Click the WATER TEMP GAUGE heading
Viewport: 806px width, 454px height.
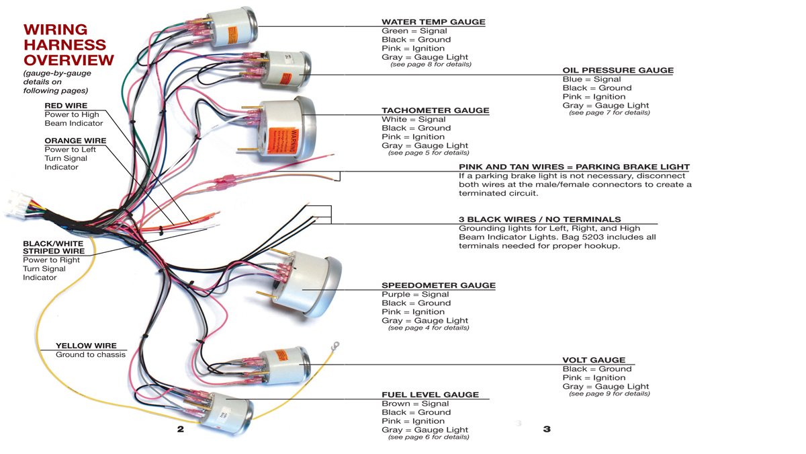click(433, 22)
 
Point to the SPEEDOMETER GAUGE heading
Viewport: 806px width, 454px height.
click(439, 285)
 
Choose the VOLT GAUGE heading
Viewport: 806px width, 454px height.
click(594, 360)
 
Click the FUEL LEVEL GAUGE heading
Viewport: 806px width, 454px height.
click(430, 395)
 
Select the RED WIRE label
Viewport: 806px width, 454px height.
click(66, 106)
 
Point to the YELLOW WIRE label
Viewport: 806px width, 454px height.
click(81, 346)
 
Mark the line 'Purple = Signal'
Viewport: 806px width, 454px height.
click(415, 295)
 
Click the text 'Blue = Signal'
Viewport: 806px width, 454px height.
click(592, 79)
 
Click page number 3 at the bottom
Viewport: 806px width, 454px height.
click(547, 429)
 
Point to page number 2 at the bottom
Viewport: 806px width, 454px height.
click(180, 429)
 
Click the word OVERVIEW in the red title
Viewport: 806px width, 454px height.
click(69, 60)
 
